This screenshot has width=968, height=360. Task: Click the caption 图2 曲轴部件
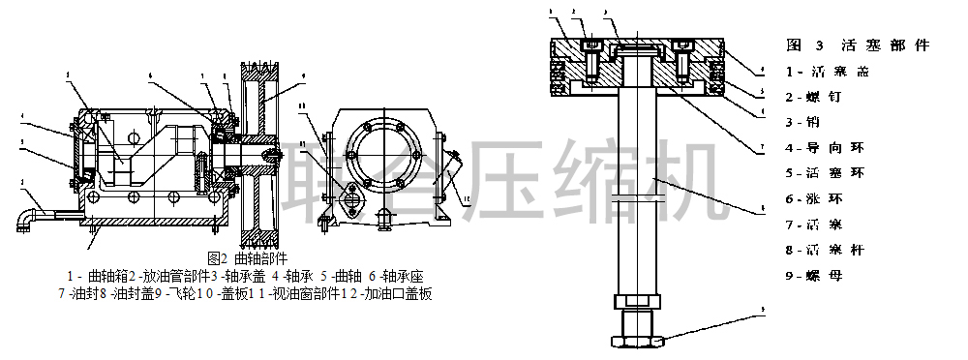coord(248,258)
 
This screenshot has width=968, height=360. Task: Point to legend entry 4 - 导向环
coord(825,148)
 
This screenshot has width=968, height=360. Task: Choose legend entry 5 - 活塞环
coord(825,173)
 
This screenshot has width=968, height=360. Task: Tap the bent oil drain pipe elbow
coord(26,222)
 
